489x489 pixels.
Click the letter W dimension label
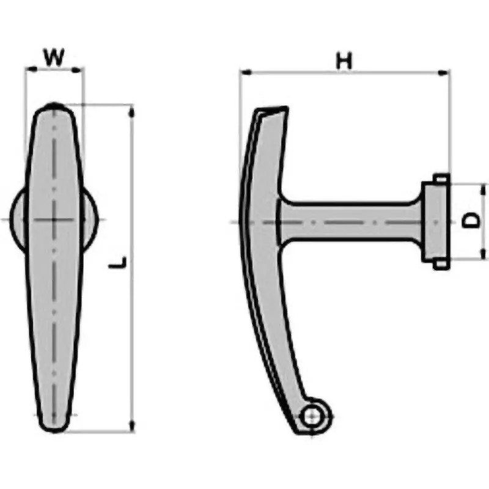pos(54,57)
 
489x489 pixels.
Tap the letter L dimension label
pos(120,263)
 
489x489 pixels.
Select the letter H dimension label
pos(345,61)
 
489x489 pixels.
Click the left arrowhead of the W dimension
pos(28,70)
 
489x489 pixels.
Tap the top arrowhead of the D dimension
pos(483,188)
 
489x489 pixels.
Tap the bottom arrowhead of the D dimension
pos(483,254)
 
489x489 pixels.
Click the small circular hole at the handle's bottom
pos(312,417)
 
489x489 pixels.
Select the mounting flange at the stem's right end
pos(436,221)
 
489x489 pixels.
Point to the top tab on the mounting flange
pos(441,178)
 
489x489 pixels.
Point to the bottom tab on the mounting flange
pos(441,265)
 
